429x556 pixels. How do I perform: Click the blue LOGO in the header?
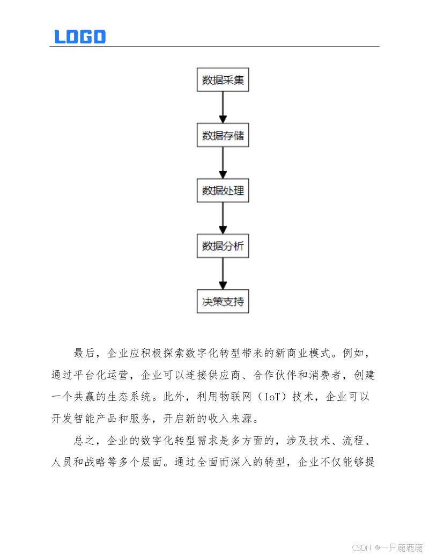coord(80,36)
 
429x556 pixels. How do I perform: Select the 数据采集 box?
coord(223,81)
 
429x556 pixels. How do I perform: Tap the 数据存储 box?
coord(223,136)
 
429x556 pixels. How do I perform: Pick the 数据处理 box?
coord(223,191)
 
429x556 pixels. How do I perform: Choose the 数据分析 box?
coord(223,246)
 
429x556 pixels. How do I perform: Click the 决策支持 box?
coord(223,302)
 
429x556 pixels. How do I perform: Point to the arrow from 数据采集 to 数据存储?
coord(223,108)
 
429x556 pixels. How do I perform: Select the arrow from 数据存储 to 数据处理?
coord(223,163)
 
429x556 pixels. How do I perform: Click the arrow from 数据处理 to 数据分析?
coord(223,218)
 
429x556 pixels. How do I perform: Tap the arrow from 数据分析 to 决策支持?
coord(223,274)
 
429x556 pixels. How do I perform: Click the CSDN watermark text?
coord(361,547)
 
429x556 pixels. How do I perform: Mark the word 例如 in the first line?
coord(353,354)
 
